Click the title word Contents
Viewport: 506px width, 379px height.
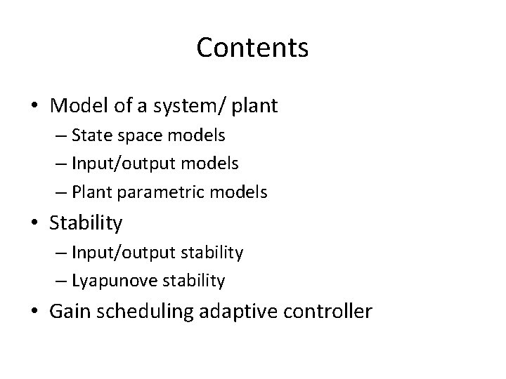(252, 48)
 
